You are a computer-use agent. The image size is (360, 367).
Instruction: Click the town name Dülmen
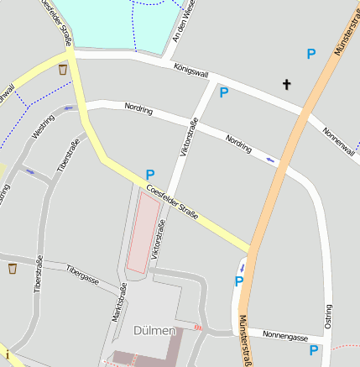(x=154, y=330)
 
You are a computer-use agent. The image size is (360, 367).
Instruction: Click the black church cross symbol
(x=287, y=84)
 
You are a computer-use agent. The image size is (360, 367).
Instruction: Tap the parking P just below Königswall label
(x=224, y=92)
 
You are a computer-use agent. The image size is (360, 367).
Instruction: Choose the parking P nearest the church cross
(x=311, y=54)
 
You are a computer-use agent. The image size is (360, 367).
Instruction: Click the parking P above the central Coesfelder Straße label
(x=150, y=174)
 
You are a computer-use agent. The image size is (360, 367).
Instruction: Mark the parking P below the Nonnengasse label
(x=314, y=350)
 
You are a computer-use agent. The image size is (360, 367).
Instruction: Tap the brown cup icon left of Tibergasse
(x=13, y=269)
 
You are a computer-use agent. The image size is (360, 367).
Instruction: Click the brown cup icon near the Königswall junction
(x=63, y=70)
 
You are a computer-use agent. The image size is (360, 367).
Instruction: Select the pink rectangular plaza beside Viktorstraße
(x=143, y=236)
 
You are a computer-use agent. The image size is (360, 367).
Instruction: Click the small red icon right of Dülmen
(x=198, y=328)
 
